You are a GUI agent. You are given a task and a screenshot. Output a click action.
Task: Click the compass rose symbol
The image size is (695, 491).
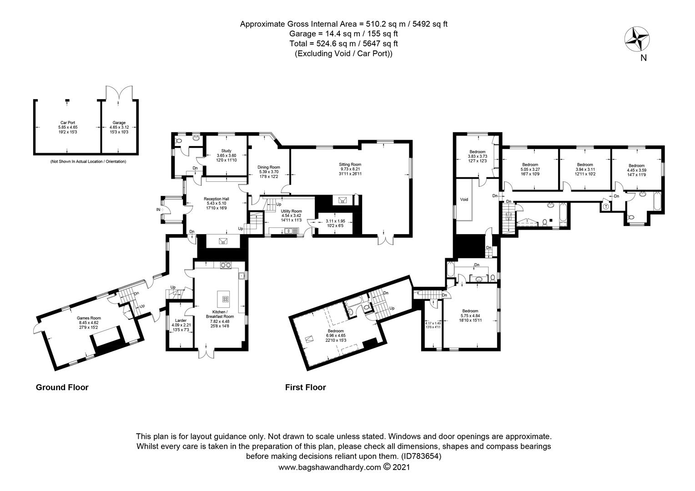637,39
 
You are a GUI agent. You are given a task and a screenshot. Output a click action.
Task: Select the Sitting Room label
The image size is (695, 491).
350,164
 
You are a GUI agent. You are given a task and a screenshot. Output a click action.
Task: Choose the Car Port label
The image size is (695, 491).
67,122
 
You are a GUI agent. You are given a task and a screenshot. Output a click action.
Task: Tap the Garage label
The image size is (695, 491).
119,122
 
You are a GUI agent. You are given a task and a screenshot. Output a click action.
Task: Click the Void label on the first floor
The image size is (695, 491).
464,200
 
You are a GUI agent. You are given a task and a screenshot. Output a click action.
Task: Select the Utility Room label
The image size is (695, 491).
292,211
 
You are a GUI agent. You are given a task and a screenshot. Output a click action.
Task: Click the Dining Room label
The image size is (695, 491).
269,167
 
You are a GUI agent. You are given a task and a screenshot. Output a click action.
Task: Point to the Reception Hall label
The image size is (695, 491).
216,199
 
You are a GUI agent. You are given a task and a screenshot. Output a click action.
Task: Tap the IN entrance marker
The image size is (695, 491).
158,210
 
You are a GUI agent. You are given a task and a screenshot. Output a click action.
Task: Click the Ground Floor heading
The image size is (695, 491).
62,387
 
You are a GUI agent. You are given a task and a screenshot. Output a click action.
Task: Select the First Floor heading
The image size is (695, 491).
305,387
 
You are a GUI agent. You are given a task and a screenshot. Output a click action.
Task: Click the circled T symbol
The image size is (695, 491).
605,206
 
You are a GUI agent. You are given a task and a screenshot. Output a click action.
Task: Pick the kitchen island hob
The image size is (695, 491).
225,298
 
